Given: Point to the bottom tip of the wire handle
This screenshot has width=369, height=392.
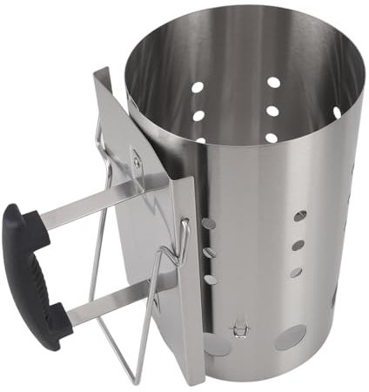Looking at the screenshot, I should (135, 380).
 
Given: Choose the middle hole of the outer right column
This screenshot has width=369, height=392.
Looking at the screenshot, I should (298, 245).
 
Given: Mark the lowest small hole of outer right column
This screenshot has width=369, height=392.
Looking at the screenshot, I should (294, 273).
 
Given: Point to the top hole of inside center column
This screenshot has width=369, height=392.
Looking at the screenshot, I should (274, 82).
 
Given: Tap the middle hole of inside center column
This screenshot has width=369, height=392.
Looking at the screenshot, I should (273, 112).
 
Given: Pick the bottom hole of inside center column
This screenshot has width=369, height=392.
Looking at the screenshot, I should (271, 137).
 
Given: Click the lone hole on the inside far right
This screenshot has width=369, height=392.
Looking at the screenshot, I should (337, 112).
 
